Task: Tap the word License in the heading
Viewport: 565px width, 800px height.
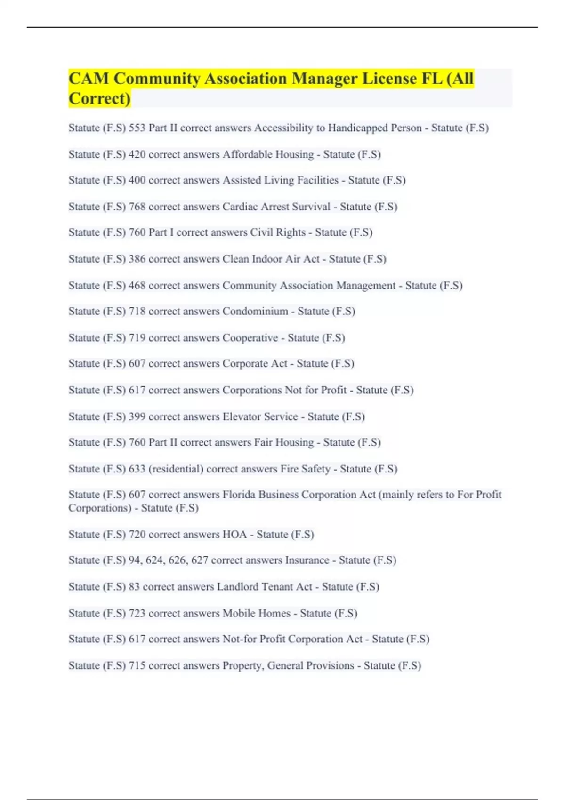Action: [x=389, y=79]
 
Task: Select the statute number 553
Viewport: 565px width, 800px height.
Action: [x=137, y=128]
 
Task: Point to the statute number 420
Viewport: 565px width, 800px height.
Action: [x=137, y=154]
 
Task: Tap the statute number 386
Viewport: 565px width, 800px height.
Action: [x=137, y=259]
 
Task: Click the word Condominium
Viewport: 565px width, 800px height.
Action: [x=255, y=311]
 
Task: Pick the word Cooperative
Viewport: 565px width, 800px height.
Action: [x=250, y=338]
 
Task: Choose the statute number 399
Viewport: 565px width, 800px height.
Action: [x=137, y=416]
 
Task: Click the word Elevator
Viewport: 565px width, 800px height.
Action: [x=241, y=416]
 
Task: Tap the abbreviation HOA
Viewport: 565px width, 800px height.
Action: [x=234, y=535]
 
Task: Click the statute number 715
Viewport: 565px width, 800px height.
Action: [x=137, y=665]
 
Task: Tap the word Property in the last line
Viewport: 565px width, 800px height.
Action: [x=242, y=666]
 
